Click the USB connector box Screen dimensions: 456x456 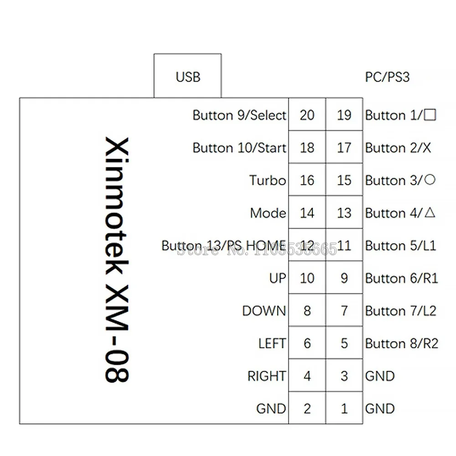coord(187,76)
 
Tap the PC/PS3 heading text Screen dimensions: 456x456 coord(387,77)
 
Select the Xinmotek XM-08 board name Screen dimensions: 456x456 coord(116,260)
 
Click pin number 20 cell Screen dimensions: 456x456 coord(307,115)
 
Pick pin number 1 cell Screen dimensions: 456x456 coord(344,408)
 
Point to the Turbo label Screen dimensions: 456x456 coord(268,180)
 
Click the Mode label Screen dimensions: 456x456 coord(268,213)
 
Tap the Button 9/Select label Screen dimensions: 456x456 coord(239,115)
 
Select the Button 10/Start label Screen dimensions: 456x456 coord(239,148)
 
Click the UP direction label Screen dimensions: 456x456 coord(277,278)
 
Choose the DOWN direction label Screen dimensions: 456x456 coord(264,311)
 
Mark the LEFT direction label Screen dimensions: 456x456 coord(272,343)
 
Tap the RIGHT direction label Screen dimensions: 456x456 coord(267,376)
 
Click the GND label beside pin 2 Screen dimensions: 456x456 coord(271,409)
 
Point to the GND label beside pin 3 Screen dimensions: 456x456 coord(380,376)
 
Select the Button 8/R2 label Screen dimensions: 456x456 coord(401,343)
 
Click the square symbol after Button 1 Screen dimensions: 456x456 coord(430,115)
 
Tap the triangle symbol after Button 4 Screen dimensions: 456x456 coord(430,212)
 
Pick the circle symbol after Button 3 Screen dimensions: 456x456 coord(430,180)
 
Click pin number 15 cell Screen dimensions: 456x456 coord(344,180)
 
